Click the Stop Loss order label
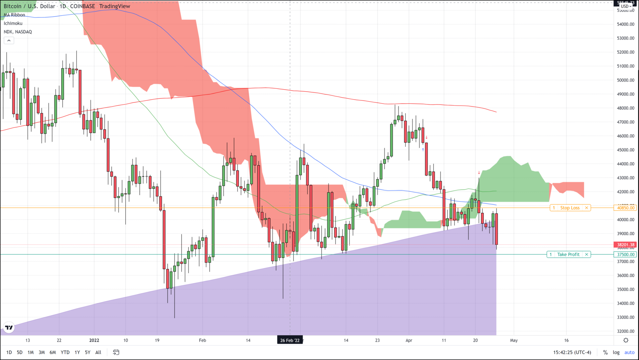click(x=570, y=208)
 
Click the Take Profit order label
click(x=568, y=254)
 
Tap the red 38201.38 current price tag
click(x=625, y=245)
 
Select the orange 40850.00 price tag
click(x=625, y=208)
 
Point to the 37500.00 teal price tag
click(x=625, y=254)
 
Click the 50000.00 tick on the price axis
click(x=625, y=80)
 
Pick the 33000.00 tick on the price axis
click(x=625, y=318)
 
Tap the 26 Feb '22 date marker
click(x=290, y=340)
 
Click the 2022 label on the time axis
click(x=94, y=340)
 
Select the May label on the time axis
click(x=514, y=340)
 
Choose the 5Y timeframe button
click(x=88, y=352)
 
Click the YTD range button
click(x=65, y=352)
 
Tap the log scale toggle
click(x=616, y=352)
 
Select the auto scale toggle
click(x=629, y=352)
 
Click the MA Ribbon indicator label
click(x=14, y=15)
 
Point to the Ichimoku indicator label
click(x=13, y=23)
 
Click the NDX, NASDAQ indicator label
click(x=18, y=32)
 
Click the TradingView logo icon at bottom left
click(x=9, y=328)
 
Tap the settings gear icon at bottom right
click(x=626, y=340)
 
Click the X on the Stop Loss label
click(x=587, y=208)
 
